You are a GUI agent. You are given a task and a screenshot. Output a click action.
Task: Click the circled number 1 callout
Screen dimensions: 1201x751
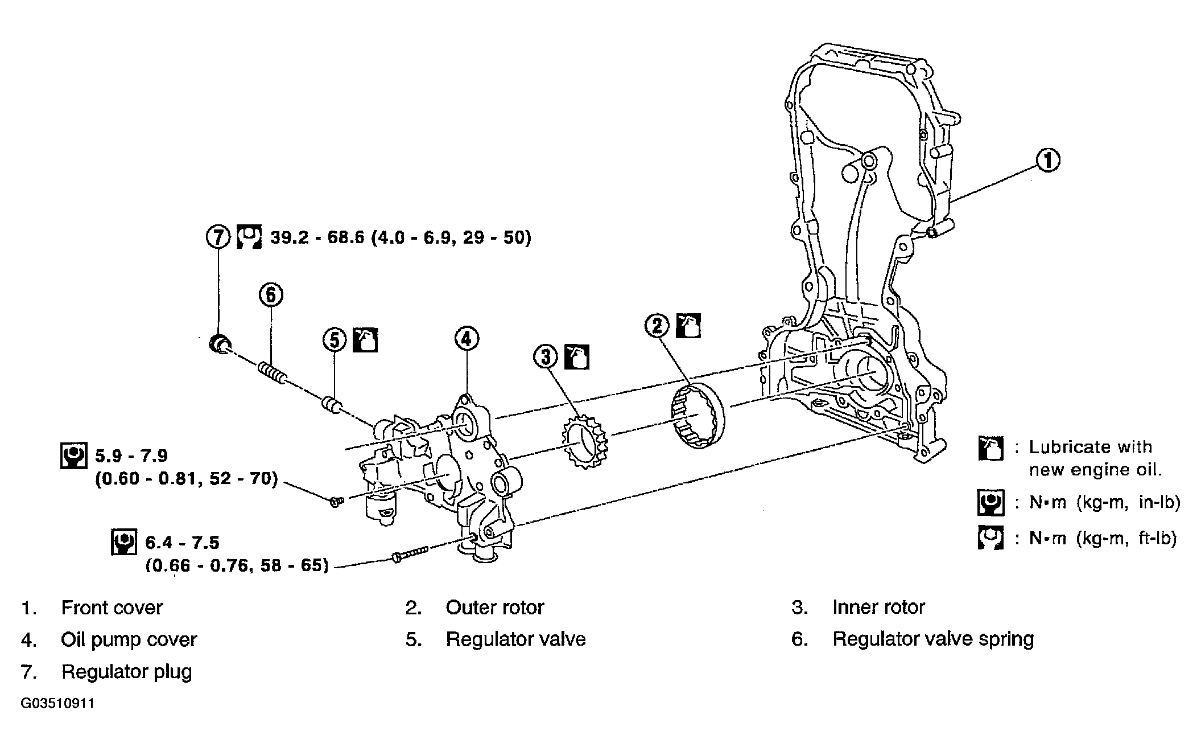pyautogui.click(x=1047, y=161)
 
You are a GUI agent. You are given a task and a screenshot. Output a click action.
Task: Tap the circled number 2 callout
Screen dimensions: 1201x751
pyautogui.click(x=658, y=326)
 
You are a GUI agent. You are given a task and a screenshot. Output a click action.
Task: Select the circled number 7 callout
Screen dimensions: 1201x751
pyautogui.click(x=218, y=237)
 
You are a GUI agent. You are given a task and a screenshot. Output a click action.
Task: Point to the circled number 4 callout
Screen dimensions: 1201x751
pyautogui.click(x=467, y=339)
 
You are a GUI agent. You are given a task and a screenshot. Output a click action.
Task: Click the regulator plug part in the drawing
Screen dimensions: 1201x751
pyautogui.click(x=220, y=344)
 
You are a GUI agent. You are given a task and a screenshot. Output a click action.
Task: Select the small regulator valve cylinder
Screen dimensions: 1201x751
pyautogui.click(x=332, y=405)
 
